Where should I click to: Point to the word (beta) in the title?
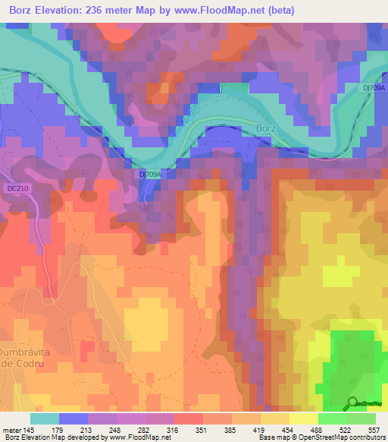point(277,11)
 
